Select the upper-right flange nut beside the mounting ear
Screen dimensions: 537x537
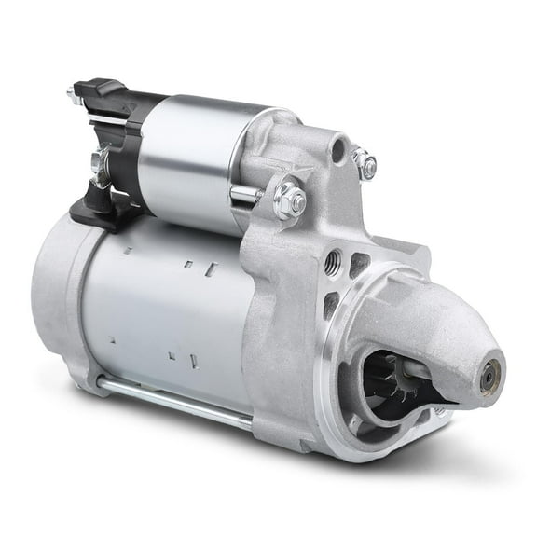click(366, 165)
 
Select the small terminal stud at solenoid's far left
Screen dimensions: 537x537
click(73, 94)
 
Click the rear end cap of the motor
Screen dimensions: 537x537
click(58, 298)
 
